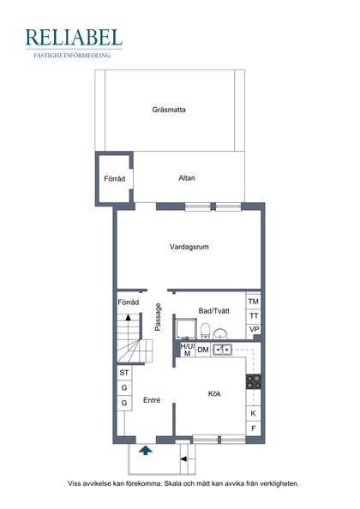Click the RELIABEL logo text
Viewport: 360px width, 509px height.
coord(74,37)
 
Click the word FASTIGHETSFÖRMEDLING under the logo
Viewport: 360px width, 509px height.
coord(74,54)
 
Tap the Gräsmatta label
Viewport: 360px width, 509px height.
coord(169,110)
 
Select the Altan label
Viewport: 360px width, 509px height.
coord(187,178)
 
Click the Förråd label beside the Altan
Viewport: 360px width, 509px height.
coord(114,179)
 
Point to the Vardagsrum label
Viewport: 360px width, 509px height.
coord(189,247)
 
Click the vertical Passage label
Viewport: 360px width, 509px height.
coord(158,318)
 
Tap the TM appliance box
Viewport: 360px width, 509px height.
coord(254,302)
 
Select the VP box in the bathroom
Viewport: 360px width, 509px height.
coord(254,330)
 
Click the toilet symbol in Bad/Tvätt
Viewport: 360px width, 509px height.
coord(207,331)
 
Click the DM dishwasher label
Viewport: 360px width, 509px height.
coord(203,350)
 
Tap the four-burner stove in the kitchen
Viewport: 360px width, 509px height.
coord(254,380)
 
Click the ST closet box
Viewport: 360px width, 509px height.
coord(124,373)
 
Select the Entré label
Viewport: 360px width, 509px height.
coord(152,400)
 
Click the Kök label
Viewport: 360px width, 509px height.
coord(214,393)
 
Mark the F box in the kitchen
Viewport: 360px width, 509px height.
coord(254,428)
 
